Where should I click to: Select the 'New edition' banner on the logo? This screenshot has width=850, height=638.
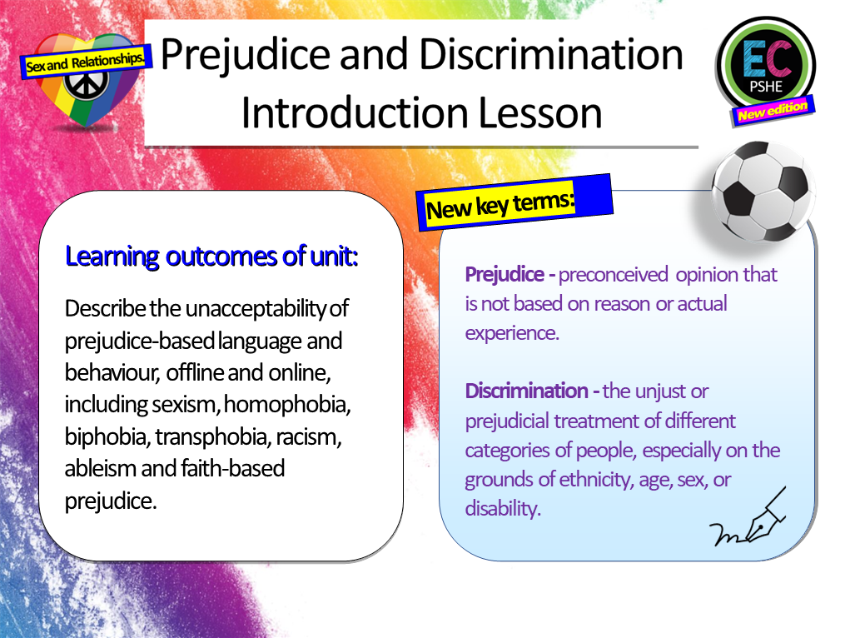(772, 111)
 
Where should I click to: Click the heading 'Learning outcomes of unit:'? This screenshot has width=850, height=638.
(211, 256)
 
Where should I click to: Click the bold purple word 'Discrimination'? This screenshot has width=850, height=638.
(527, 391)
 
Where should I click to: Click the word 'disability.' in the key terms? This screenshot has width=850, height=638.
(503, 509)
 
